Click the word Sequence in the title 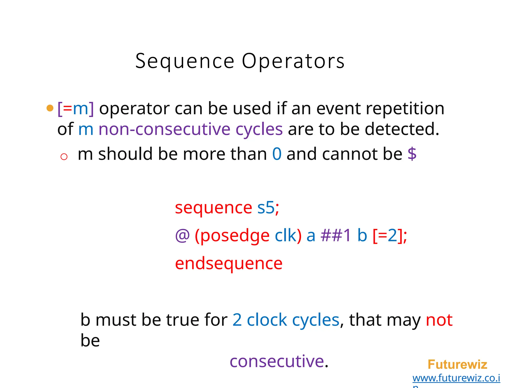pos(185,61)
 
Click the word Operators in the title pos(293,61)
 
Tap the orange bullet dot pos(50,108)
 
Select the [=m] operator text pos(76,109)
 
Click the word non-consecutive pos(164,129)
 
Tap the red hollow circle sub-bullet pos(64,157)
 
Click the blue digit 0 pos(277,154)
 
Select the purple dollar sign pos(412,154)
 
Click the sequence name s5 pos(266,208)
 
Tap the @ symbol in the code pos(182,236)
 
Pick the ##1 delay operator pos(336,236)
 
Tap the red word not pos(439,320)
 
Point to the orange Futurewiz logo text pos(457,365)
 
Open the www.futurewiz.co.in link pos(456,378)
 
